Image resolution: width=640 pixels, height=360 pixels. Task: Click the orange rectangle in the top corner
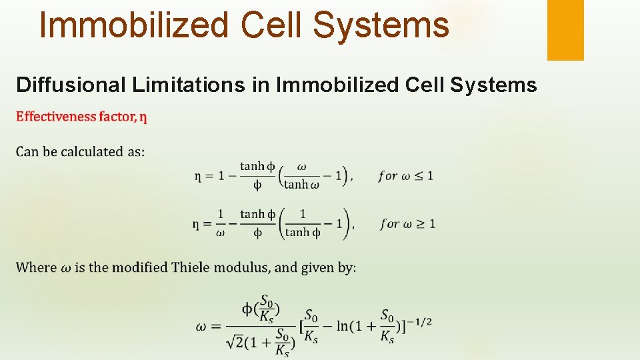pyautogui.click(x=565, y=29)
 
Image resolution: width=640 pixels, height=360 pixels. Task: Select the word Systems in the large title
pyautogui.click(x=381, y=25)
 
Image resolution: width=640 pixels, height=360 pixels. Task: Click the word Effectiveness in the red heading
pyautogui.click(x=56, y=117)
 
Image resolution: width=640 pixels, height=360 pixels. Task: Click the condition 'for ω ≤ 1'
pyautogui.click(x=405, y=176)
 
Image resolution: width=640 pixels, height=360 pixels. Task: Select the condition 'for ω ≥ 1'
pyautogui.click(x=407, y=224)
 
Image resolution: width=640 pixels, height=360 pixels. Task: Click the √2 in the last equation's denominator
pyautogui.click(x=233, y=342)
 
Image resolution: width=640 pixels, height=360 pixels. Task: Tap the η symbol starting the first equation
pyautogui.click(x=198, y=177)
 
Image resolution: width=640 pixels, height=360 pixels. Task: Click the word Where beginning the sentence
pyautogui.click(x=36, y=267)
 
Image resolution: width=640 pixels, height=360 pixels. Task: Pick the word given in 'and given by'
pyautogui.click(x=319, y=267)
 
